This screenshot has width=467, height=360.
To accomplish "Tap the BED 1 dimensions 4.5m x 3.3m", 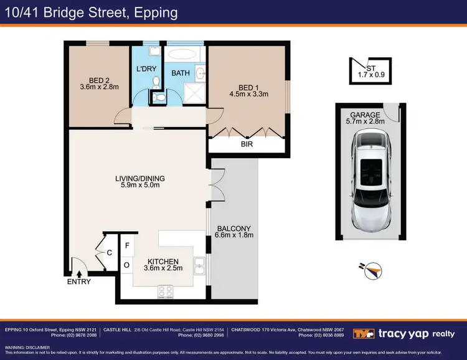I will (x=247, y=95).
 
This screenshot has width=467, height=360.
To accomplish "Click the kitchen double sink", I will (x=200, y=266).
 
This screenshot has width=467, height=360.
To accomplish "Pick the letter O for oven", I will (x=127, y=265).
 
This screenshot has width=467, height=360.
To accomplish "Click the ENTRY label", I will (x=79, y=282).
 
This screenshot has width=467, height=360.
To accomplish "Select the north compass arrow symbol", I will (x=373, y=270).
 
